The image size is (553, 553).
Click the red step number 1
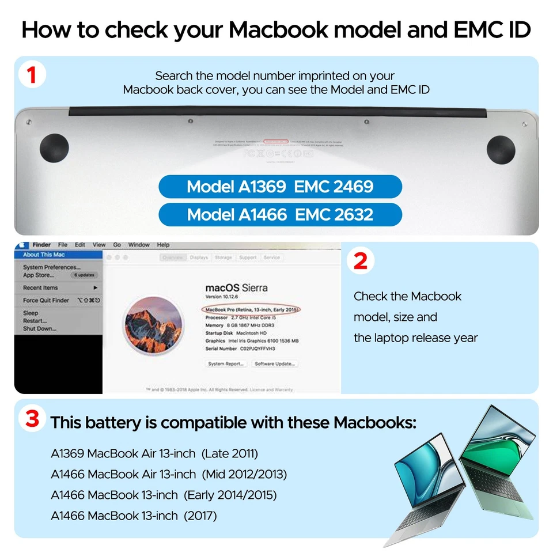[32, 75]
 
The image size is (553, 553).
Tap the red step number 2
[361, 261]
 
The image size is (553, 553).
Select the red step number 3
[32, 419]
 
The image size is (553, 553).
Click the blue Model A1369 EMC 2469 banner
[280, 187]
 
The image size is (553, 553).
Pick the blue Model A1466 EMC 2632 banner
[280, 215]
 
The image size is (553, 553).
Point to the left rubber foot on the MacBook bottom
[54, 148]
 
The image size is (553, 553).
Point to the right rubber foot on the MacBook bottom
[501, 148]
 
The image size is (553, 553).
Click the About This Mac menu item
[44, 255]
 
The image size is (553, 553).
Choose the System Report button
[226, 364]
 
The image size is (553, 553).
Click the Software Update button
[275, 364]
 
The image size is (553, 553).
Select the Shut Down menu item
[40, 329]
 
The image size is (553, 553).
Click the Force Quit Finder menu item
[46, 300]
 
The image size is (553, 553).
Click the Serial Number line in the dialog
[241, 349]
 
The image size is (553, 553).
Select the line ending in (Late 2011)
[154, 453]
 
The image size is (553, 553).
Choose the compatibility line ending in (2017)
[134, 516]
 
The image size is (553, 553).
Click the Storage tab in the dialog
[223, 257]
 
